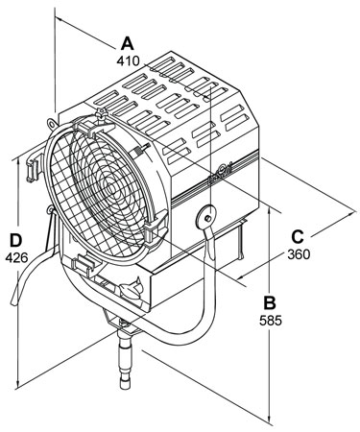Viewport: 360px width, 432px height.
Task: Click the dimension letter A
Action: [x=128, y=43]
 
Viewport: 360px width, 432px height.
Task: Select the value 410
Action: [x=128, y=60]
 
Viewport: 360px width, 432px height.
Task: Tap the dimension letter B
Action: [x=270, y=302]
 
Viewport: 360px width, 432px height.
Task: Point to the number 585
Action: [x=271, y=321]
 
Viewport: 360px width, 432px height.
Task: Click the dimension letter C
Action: [x=298, y=237]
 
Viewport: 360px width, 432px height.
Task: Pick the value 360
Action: [x=299, y=254]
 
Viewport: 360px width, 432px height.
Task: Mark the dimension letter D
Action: [x=15, y=240]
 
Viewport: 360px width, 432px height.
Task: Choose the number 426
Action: [x=16, y=257]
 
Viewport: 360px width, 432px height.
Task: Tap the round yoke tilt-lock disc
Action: [x=206, y=217]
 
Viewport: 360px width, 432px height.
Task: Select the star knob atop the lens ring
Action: [x=102, y=114]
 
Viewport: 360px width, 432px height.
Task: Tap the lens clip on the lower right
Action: [x=155, y=229]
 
